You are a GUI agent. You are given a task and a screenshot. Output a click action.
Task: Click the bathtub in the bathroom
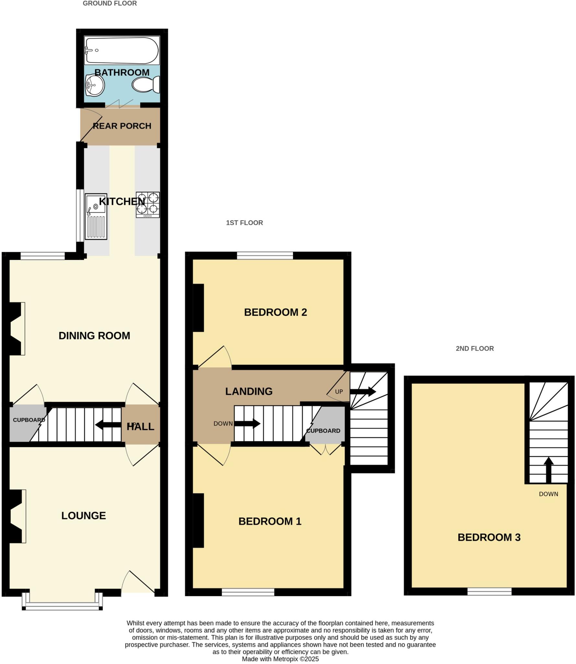click(122, 50)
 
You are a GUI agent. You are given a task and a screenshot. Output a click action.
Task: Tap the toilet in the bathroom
click(146, 85)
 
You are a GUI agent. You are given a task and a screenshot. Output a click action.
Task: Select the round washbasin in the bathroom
click(95, 85)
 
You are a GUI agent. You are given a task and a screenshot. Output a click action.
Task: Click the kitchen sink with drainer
click(96, 216)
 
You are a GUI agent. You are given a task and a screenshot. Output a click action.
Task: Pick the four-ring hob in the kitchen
click(148, 205)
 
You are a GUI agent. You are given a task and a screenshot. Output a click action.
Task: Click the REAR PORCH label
click(122, 126)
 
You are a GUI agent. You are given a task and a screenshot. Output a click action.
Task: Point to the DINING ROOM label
click(94, 336)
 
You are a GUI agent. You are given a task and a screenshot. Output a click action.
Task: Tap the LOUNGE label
click(84, 516)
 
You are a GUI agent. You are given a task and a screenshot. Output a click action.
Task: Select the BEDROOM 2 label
click(275, 312)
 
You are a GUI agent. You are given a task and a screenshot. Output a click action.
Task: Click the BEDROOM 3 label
click(489, 537)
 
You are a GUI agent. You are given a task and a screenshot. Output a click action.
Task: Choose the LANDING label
click(249, 391)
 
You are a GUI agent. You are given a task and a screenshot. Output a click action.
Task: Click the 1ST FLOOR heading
click(244, 223)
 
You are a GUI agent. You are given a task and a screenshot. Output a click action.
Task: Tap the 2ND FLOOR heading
click(475, 349)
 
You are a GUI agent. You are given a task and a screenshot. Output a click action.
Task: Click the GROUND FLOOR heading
click(110, 4)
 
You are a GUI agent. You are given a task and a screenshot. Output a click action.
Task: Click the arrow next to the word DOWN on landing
click(247, 423)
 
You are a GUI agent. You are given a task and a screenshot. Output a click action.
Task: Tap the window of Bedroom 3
click(489, 592)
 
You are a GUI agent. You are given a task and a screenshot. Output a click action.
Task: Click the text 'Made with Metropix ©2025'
click(280, 659)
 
